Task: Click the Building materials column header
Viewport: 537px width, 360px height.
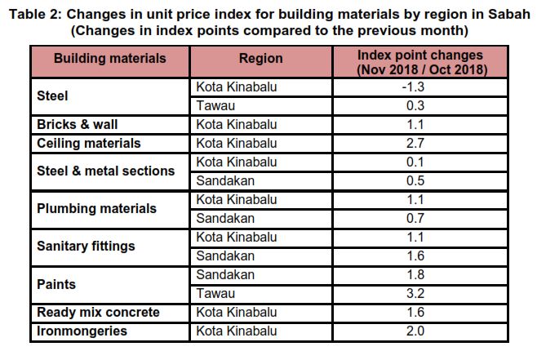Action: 109,59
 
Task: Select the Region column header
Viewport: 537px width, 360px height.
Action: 260,59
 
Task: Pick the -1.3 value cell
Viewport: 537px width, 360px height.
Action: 422,87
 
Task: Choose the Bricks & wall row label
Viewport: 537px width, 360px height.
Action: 78,124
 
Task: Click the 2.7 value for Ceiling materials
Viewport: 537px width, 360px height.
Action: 422,143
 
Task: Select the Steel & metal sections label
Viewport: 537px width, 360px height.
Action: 106,171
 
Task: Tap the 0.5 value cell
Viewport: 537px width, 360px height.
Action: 422,180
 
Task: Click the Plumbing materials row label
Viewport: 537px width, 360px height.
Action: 96,208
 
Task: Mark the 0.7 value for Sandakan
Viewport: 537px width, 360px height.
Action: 422,218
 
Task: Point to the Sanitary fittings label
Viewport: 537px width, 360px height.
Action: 87,246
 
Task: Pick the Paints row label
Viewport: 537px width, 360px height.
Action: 56,284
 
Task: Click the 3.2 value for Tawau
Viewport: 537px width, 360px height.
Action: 422,293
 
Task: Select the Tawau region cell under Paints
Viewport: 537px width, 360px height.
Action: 215,293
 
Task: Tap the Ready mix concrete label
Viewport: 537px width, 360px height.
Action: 99,313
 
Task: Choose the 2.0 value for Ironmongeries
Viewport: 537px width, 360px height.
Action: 422,331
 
